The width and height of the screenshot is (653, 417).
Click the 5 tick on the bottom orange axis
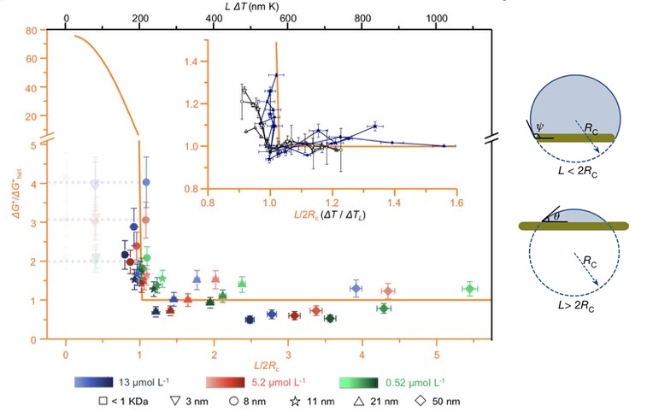[438, 352]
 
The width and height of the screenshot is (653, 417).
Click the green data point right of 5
[469, 290]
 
